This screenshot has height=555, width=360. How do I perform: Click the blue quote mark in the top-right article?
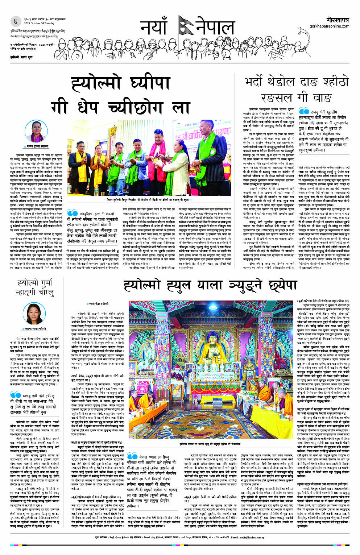point(303,111)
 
